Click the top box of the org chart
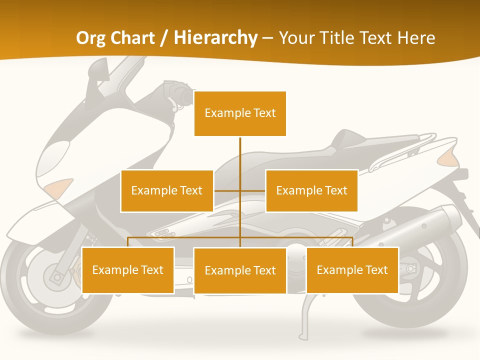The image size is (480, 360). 240,113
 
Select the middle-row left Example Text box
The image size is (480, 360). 167,190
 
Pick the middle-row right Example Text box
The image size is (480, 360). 311,190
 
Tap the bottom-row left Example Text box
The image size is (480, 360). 128,270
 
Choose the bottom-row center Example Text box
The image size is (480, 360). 240,270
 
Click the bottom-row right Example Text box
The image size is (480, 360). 352,270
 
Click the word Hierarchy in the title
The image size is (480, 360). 215,38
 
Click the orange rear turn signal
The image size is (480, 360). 448,158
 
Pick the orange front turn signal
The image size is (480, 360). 58,187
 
